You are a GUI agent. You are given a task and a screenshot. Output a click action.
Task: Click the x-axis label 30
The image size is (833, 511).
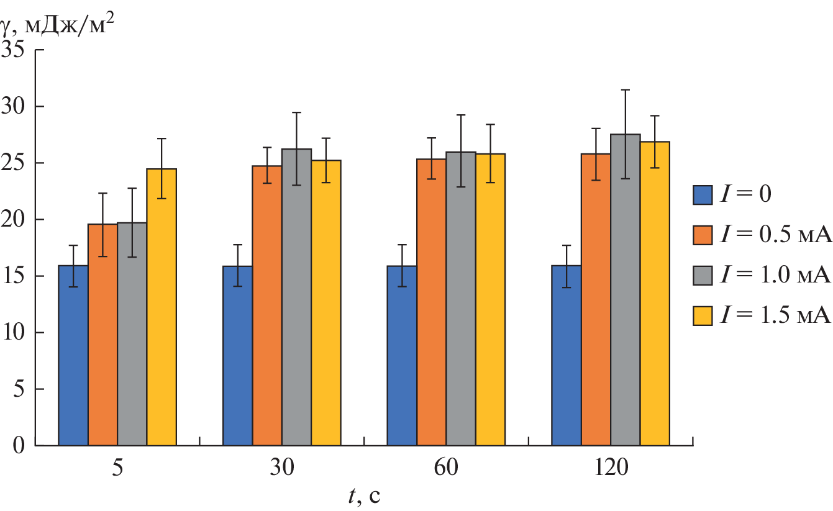282,468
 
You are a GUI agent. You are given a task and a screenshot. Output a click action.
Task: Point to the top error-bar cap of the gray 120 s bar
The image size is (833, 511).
626,90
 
